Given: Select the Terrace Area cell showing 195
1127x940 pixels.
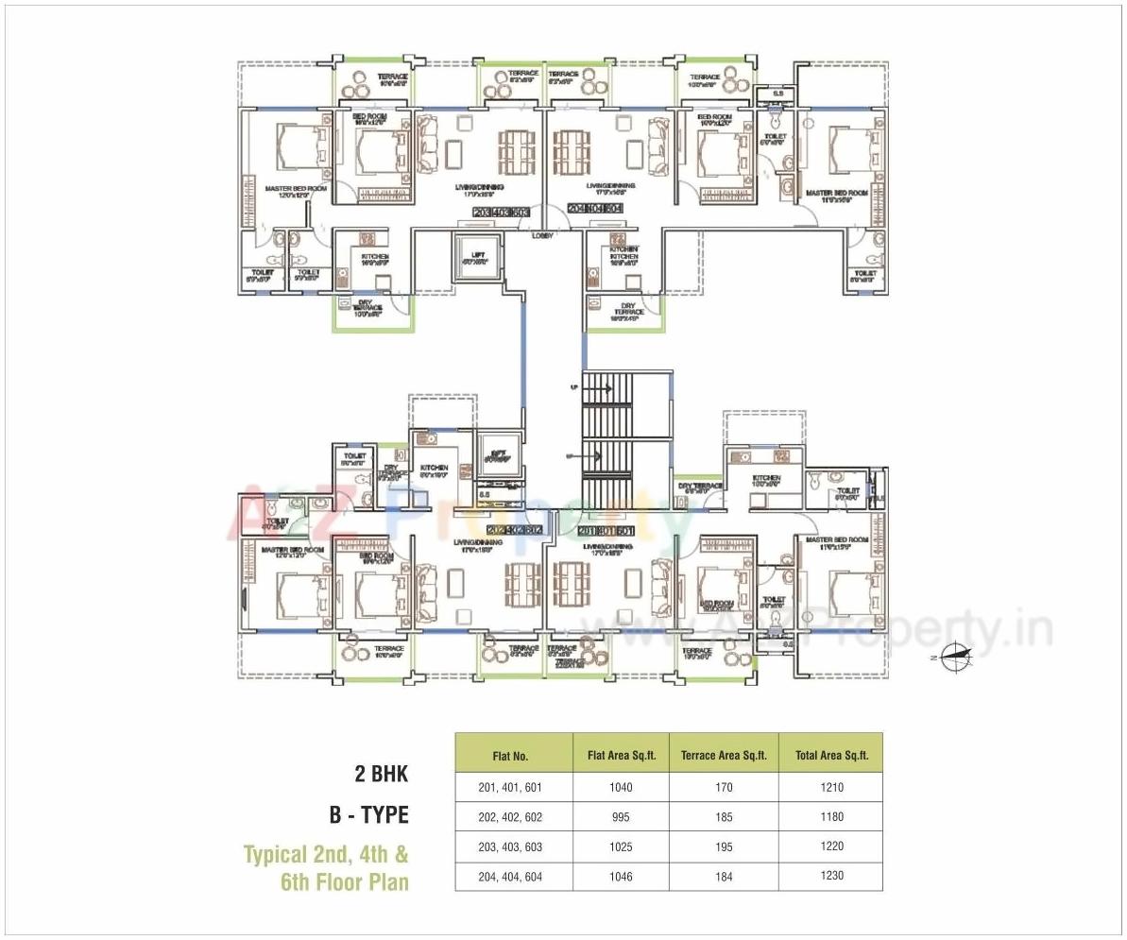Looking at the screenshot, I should click(x=724, y=847).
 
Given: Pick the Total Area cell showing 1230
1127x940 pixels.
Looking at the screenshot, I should click(x=831, y=877).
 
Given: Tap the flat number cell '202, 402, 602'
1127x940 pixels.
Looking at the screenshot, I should click(x=513, y=817).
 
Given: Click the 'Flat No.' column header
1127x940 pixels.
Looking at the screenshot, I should click(x=513, y=756).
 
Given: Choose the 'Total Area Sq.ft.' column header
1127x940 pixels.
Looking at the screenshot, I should click(x=831, y=756).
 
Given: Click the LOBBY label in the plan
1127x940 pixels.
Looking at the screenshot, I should click(x=542, y=235).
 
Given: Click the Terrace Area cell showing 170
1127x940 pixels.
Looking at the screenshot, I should click(x=724, y=787).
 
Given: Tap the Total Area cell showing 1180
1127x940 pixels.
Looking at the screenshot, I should click(x=831, y=817).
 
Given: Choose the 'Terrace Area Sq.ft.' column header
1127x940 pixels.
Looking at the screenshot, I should click(x=724, y=756).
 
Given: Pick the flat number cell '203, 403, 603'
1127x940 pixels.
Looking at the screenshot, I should click(x=513, y=847).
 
